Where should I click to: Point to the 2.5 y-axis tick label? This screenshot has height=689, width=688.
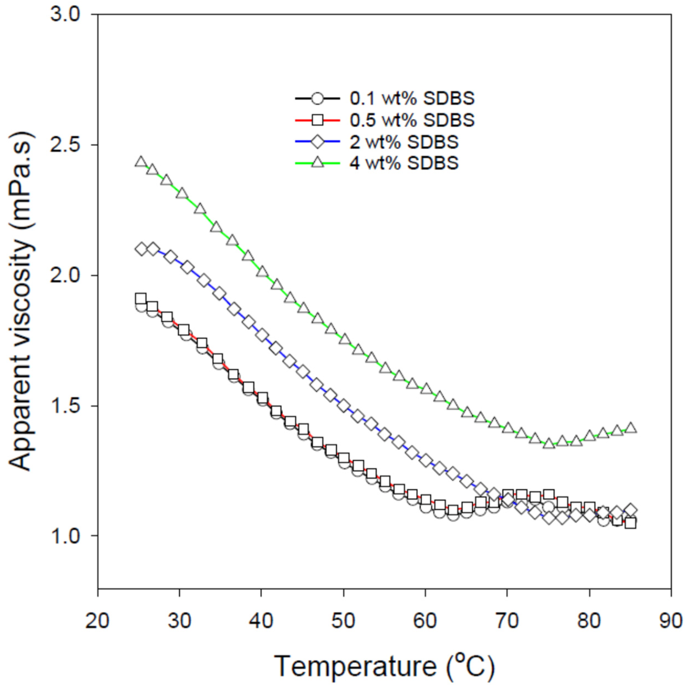coord(71,145)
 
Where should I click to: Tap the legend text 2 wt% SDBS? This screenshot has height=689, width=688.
coord(404,142)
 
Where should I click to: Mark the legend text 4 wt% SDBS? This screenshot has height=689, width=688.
coord(404,163)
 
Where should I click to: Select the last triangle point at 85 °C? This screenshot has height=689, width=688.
coord(631,428)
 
